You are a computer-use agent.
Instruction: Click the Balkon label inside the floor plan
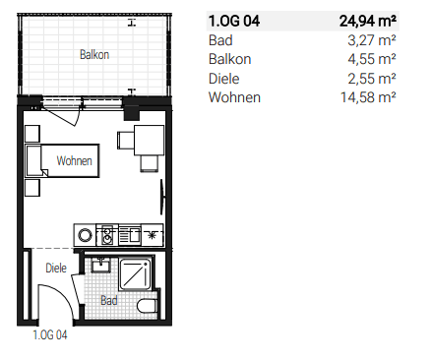click(94, 55)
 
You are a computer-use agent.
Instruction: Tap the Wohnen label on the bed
click(75, 160)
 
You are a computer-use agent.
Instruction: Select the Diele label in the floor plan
click(55, 267)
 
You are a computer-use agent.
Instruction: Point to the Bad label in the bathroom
click(120, 300)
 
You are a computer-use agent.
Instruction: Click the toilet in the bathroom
click(148, 304)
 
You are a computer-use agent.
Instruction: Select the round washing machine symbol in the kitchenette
click(86, 235)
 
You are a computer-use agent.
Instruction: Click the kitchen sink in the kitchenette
click(128, 235)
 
